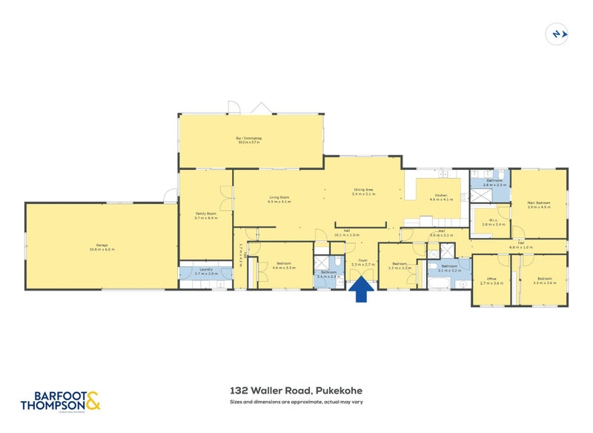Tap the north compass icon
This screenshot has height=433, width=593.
pos(557,33)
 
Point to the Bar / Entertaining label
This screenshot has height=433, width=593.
pos(249,138)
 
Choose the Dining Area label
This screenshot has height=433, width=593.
pos(364,190)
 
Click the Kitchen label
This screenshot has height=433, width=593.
pos(441,195)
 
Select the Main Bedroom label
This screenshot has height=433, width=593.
pos(539,203)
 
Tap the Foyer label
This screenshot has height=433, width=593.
pos(363,260)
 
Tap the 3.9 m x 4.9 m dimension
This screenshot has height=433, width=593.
pos(539,208)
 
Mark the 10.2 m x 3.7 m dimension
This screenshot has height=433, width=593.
pos(249,142)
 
